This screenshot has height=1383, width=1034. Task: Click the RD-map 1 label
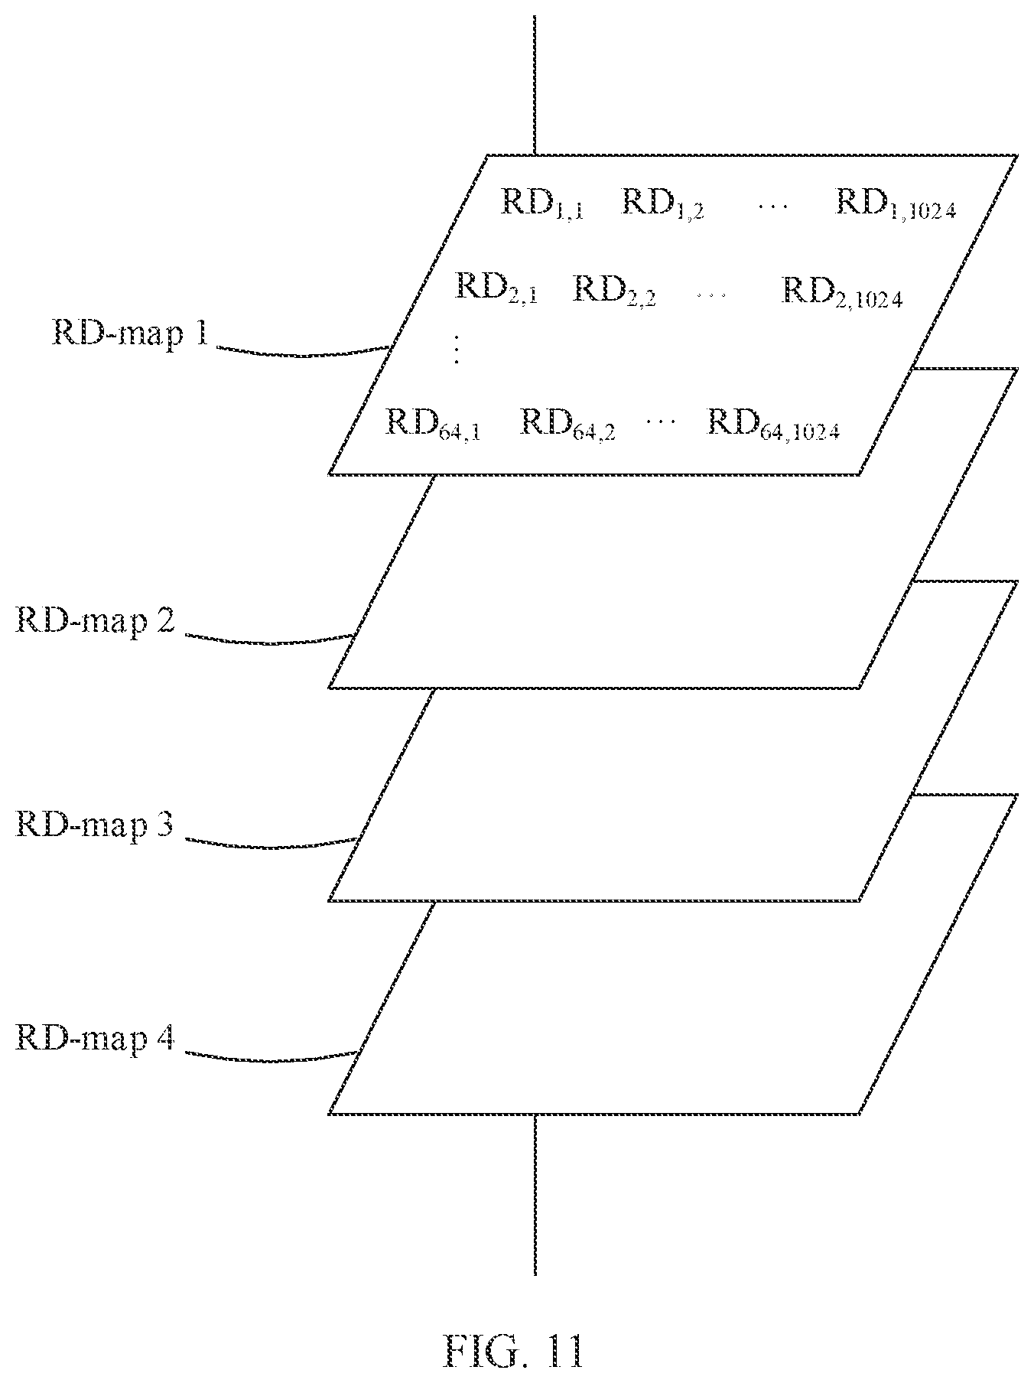pyautogui.click(x=129, y=335)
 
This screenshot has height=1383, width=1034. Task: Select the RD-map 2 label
pyautogui.click(x=95, y=620)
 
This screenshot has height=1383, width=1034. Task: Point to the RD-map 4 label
pyautogui.click(x=95, y=1039)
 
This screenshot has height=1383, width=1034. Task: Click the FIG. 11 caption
pyautogui.click(x=515, y=1350)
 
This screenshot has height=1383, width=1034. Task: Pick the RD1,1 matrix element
pyautogui.click(x=543, y=203)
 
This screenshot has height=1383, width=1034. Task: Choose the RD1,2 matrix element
pyautogui.click(x=662, y=203)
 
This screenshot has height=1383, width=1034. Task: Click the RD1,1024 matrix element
pyautogui.click(x=896, y=203)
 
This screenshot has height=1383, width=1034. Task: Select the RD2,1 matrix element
pyautogui.click(x=497, y=289)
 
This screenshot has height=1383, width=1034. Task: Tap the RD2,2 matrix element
pyautogui.click(x=614, y=289)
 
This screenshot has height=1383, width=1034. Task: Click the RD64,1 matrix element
pyautogui.click(x=433, y=425)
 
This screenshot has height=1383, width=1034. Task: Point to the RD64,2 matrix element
pyautogui.click(x=568, y=425)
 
